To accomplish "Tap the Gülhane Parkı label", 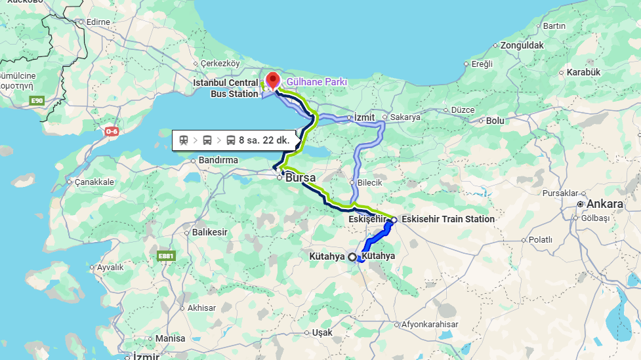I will pyautogui.click(x=317, y=82).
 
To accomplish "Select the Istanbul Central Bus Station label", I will pyautogui.click(x=225, y=89).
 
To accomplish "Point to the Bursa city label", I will pyautogui.click(x=300, y=178).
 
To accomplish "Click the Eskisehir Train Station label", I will pyautogui.click(x=448, y=219).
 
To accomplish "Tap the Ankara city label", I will pyautogui.click(x=604, y=204).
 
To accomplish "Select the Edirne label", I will pyautogui.click(x=98, y=22).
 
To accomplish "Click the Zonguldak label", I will pyautogui.click(x=522, y=45).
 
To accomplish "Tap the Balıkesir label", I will pyautogui.click(x=209, y=232).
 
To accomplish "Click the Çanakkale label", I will pyautogui.click(x=94, y=182).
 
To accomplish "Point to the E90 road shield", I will pyautogui.click(x=37, y=100).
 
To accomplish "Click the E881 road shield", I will pyautogui.click(x=167, y=256).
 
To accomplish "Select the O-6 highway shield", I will pyautogui.click(x=112, y=131).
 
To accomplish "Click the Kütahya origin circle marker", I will pyautogui.click(x=352, y=257).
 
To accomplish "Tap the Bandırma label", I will pyautogui.click(x=216, y=160).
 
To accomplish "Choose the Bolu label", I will pyautogui.click(x=495, y=121).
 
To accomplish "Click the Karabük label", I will pyautogui.click(x=583, y=71).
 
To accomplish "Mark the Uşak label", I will pyautogui.click(x=322, y=332).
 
